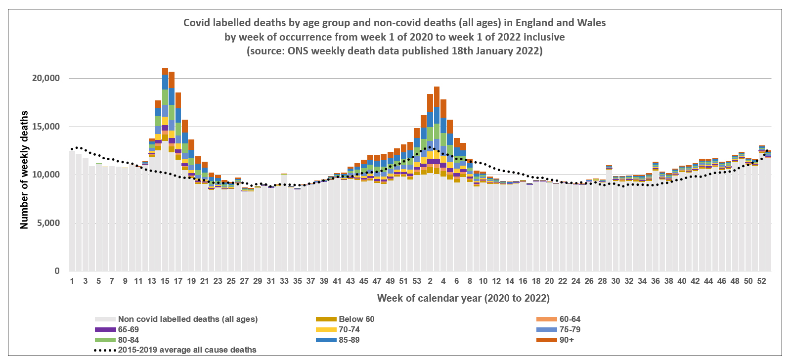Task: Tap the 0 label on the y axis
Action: click(x=57, y=271)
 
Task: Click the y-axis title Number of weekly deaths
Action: click(x=24, y=170)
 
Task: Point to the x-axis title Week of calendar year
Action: click(x=463, y=298)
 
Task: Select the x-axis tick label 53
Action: click(x=417, y=281)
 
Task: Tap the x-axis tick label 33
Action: click(x=284, y=281)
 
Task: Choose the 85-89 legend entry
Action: click(x=349, y=340)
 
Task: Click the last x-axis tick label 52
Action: click(x=762, y=281)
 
